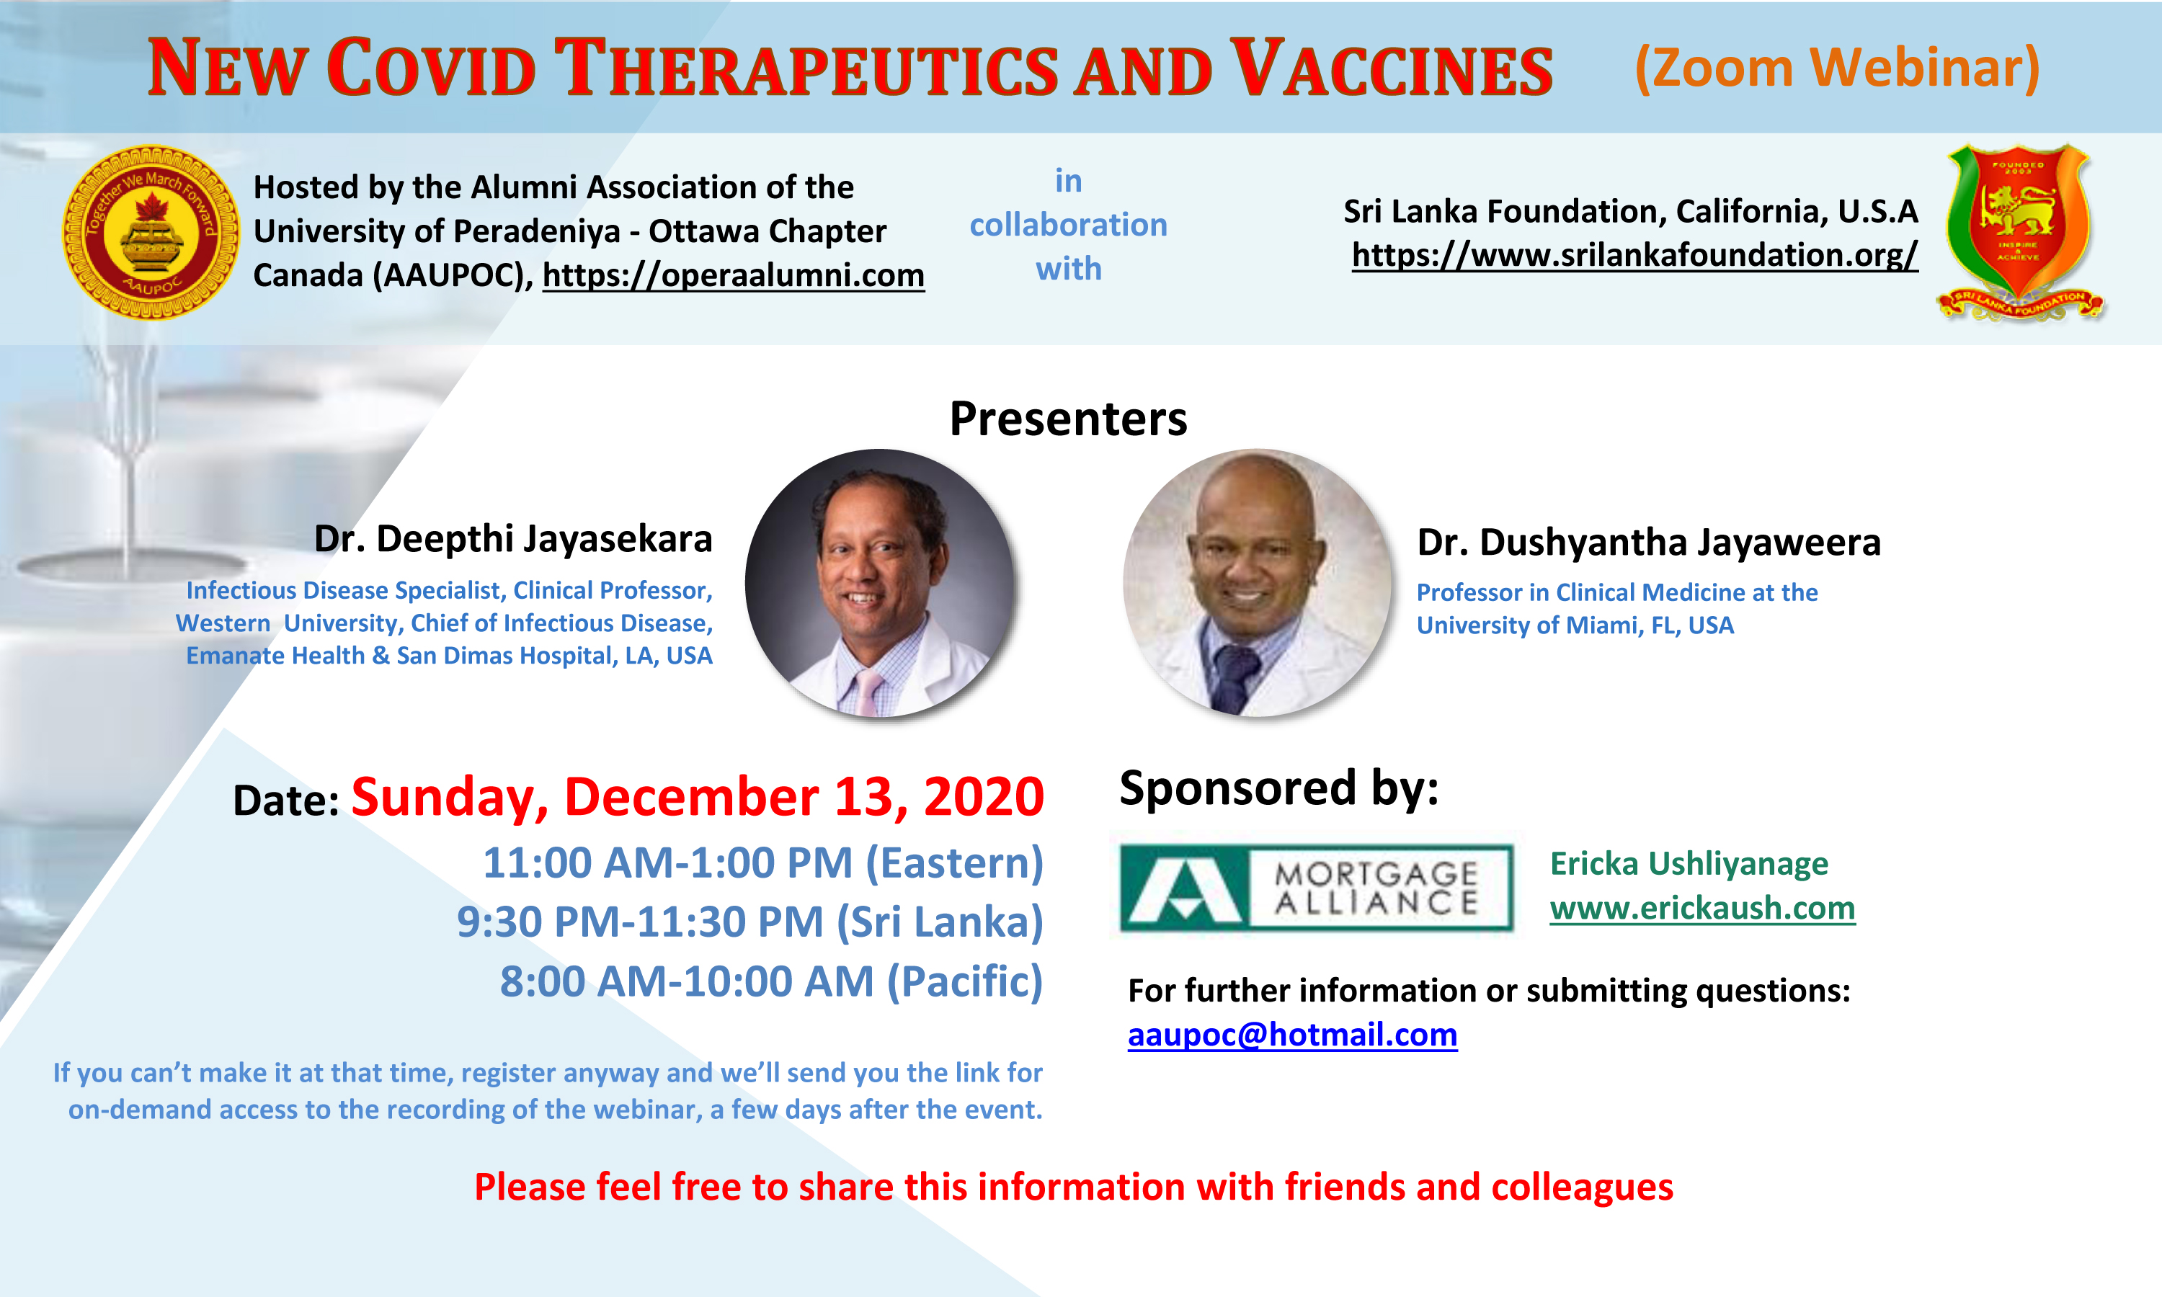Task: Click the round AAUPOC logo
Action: [x=151, y=233]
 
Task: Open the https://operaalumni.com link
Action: [x=733, y=275]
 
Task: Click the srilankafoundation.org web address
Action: [x=1634, y=254]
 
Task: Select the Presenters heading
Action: [x=1068, y=419]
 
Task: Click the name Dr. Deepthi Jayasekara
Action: [x=513, y=539]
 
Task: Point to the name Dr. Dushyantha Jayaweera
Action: [x=1648, y=542]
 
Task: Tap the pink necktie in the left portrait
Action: [x=867, y=690]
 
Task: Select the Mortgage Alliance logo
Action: [x=1316, y=887]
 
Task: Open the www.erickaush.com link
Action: [x=1702, y=908]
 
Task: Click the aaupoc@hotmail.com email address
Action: [x=1292, y=1035]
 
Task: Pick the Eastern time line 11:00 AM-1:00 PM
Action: [x=763, y=863]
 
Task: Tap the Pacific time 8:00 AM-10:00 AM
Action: [x=772, y=981]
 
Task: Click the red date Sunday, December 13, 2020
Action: [x=698, y=797]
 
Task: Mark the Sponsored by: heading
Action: [x=1278, y=788]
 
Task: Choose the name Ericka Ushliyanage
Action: [x=1689, y=863]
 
